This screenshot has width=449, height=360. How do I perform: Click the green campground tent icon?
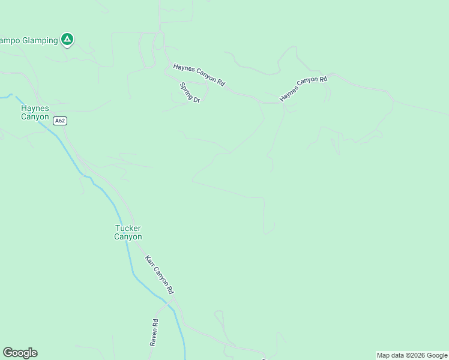pyautogui.click(x=67, y=40)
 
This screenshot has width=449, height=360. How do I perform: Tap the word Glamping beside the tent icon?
pyautogui.click(x=40, y=40)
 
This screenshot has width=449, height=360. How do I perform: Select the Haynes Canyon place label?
pyautogui.click(x=35, y=112)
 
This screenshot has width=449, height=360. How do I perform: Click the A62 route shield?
pyautogui.click(x=59, y=121)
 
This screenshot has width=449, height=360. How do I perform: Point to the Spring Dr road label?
pyautogui.click(x=190, y=93)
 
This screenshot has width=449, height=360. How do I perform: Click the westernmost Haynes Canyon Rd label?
pyautogui.click(x=199, y=75)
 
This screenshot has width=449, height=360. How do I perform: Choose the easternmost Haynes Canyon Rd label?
pyautogui.click(x=303, y=88)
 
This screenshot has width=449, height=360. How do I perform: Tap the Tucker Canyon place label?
pyautogui.click(x=128, y=232)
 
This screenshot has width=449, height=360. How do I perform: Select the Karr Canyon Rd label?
pyautogui.click(x=159, y=274)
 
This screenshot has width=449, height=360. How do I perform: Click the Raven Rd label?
pyautogui.click(x=154, y=332)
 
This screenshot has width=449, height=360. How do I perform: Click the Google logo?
pyautogui.click(x=20, y=353)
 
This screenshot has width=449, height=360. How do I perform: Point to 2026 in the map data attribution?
pyautogui.click(x=417, y=355)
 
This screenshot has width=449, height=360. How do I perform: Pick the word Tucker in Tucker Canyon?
pyautogui.click(x=128, y=228)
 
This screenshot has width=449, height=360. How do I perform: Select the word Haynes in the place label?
pyautogui.click(x=35, y=108)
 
